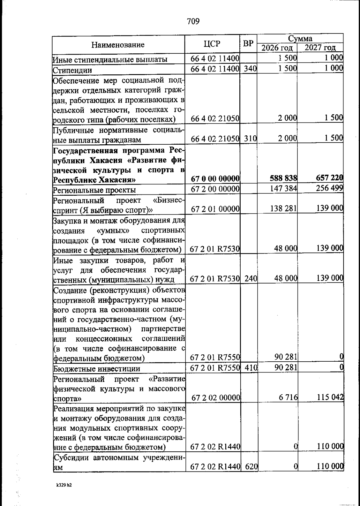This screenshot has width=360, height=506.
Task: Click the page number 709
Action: point(193,21)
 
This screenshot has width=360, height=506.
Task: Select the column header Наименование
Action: point(118,45)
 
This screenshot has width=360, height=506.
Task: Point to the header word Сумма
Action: point(300,38)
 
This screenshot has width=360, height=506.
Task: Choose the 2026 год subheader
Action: point(277,48)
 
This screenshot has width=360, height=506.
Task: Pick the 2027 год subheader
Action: point(320,48)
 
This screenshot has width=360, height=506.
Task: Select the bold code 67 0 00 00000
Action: point(215,179)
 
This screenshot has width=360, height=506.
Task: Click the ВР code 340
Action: point(250,69)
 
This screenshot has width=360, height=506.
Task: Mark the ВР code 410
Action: point(250,367)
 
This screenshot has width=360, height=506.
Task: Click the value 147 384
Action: point(283,189)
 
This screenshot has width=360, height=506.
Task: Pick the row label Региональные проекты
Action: point(94,190)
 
